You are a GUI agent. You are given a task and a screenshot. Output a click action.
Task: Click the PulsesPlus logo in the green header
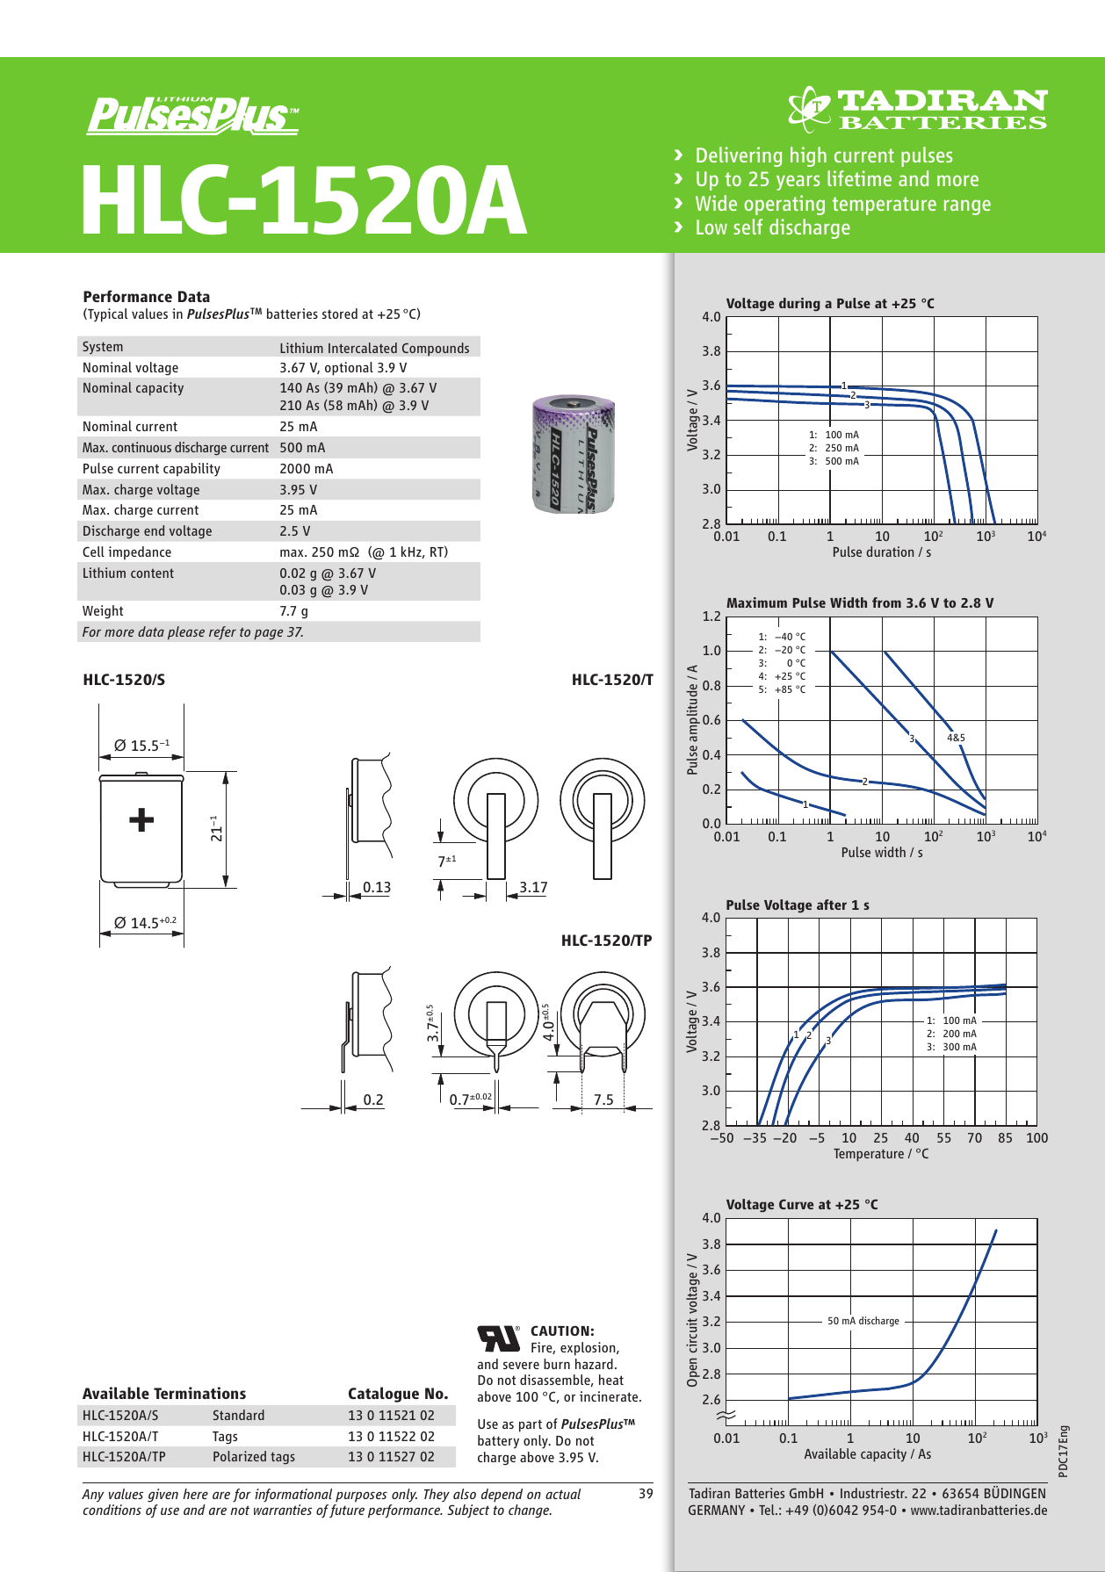[192, 115]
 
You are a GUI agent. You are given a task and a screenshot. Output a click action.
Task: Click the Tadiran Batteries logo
[917, 110]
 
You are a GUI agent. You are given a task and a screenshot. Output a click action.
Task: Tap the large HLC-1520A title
[303, 200]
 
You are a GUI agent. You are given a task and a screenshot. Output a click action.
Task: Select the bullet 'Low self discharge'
[772, 228]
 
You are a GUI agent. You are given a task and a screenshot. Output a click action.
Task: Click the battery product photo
[574, 454]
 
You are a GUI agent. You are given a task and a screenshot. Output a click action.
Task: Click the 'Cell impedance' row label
[126, 552]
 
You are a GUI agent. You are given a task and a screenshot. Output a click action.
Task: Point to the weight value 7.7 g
[293, 611]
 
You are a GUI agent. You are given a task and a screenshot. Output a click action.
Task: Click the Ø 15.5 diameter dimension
[141, 746]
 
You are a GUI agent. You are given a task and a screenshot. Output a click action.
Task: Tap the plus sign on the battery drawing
[141, 820]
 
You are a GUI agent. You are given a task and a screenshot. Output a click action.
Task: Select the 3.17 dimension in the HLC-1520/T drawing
[533, 887]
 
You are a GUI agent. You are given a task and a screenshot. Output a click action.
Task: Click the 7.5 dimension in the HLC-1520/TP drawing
[603, 1100]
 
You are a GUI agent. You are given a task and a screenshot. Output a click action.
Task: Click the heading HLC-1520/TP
[606, 941]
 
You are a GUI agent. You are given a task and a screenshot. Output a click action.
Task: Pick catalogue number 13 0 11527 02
[391, 1456]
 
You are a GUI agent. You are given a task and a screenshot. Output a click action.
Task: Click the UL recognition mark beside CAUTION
[498, 1338]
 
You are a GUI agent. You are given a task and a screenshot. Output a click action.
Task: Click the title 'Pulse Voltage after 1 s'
[797, 905]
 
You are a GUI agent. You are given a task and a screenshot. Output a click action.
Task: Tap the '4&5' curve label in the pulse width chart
[956, 738]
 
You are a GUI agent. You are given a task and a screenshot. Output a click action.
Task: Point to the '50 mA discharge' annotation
[863, 1321]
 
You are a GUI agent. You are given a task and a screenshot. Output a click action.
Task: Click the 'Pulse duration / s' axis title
[881, 552]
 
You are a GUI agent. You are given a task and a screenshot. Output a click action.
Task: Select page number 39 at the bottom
[646, 1494]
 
